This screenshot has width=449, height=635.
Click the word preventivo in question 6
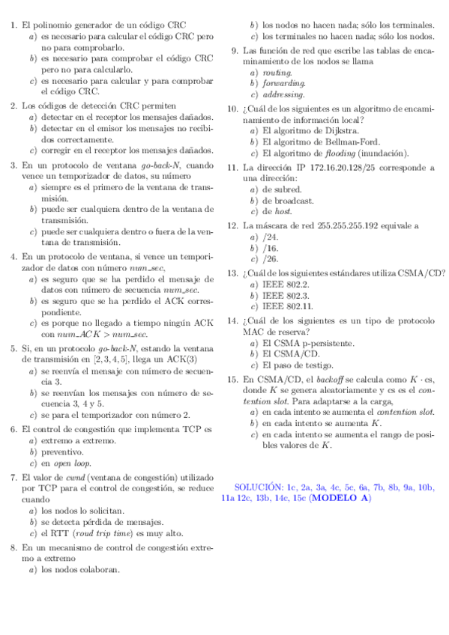(62, 452)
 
